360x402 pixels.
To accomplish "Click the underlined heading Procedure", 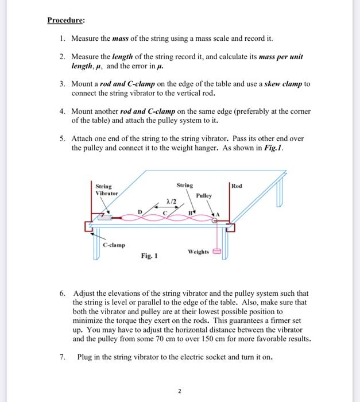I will (x=65, y=21).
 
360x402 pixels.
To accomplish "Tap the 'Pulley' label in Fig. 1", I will (x=204, y=195).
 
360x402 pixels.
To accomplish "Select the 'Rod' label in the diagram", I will (x=237, y=185).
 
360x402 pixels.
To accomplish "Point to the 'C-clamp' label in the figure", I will (x=114, y=245).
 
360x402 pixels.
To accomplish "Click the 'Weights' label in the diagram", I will (x=198, y=252).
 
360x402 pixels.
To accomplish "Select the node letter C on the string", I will (x=165, y=213).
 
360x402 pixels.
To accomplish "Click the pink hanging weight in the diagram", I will (x=218, y=251).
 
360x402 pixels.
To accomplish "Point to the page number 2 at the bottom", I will (x=180, y=391).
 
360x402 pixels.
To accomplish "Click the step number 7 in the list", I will (x=63, y=357).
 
